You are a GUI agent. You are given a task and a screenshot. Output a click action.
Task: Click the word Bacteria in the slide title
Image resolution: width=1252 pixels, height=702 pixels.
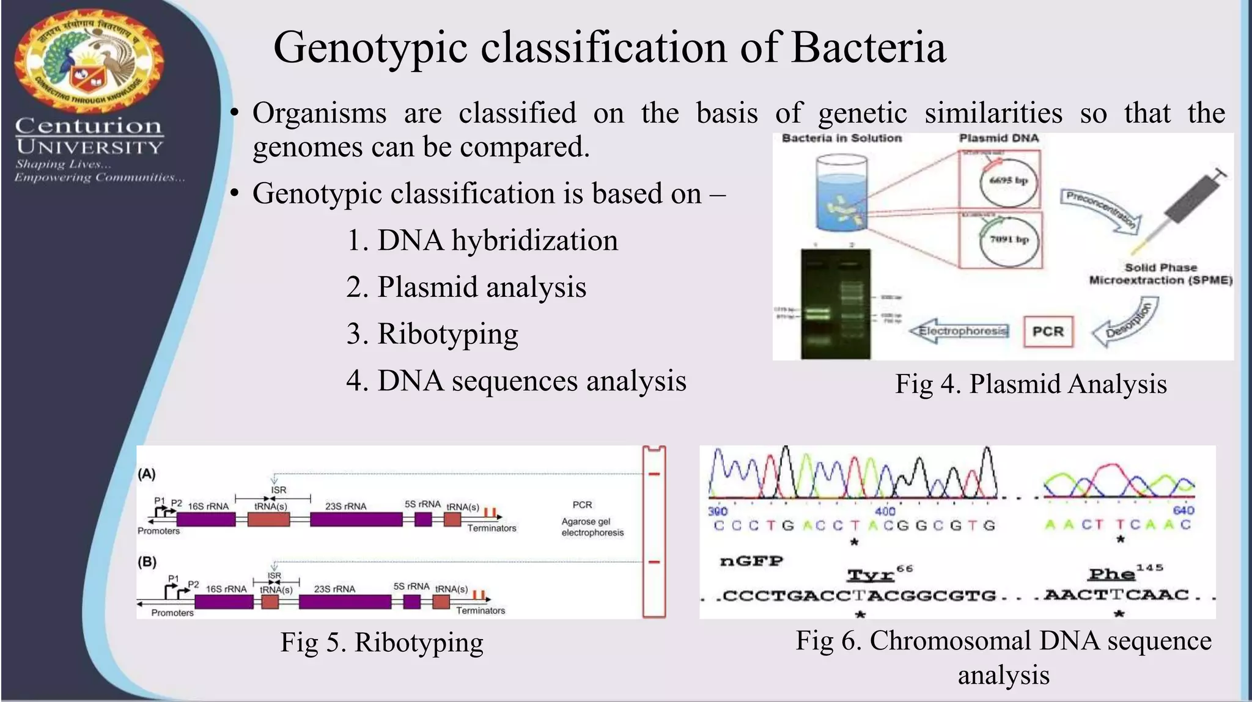[869, 48]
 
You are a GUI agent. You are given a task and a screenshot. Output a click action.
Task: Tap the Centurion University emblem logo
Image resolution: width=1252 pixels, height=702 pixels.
[89, 63]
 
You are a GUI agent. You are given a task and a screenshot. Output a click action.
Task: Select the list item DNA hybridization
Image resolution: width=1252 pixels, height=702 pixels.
[482, 240]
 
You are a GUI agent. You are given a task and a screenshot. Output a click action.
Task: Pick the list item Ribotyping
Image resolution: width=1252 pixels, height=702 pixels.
[432, 334]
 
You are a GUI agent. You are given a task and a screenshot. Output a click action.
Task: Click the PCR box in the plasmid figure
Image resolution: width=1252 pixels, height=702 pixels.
[1048, 331]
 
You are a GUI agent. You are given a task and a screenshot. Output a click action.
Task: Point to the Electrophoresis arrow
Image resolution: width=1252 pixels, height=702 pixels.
[959, 331]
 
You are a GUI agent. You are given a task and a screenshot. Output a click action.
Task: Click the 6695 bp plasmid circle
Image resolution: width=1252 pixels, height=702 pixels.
[1008, 181]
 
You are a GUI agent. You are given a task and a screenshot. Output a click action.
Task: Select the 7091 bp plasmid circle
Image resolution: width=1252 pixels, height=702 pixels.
[1009, 240]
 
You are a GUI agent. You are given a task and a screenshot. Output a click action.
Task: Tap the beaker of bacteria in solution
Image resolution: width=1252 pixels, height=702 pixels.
[841, 193]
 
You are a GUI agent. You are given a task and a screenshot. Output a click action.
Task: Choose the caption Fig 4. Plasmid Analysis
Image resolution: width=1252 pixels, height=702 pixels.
[1031, 384]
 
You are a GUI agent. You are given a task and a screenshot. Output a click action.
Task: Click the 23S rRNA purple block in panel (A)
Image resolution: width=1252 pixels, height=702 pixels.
[356, 520]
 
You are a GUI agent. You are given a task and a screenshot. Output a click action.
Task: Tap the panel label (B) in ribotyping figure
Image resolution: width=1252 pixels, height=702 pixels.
[147, 561]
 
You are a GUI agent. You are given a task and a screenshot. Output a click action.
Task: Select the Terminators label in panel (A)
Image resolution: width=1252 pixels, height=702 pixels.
[492, 528]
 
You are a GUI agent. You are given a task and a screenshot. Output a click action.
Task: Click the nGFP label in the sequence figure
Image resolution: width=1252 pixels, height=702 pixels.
[751, 561]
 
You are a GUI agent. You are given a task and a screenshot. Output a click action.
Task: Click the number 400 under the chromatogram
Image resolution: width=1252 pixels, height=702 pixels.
[885, 511]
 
